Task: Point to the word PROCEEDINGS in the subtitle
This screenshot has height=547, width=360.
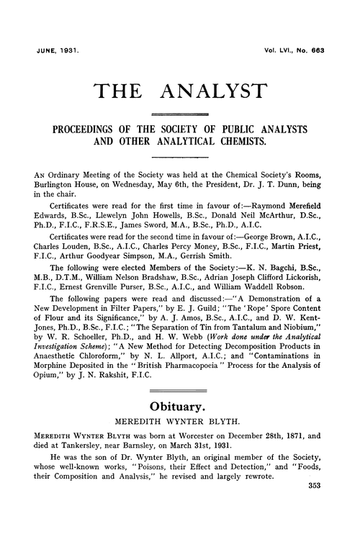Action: click(82, 130)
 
